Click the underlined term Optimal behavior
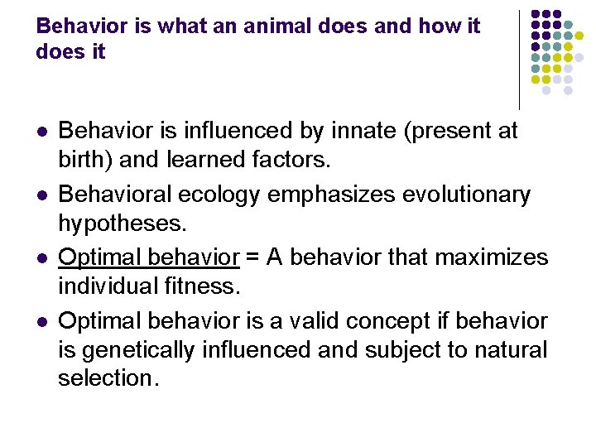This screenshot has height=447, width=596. [149, 257]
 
